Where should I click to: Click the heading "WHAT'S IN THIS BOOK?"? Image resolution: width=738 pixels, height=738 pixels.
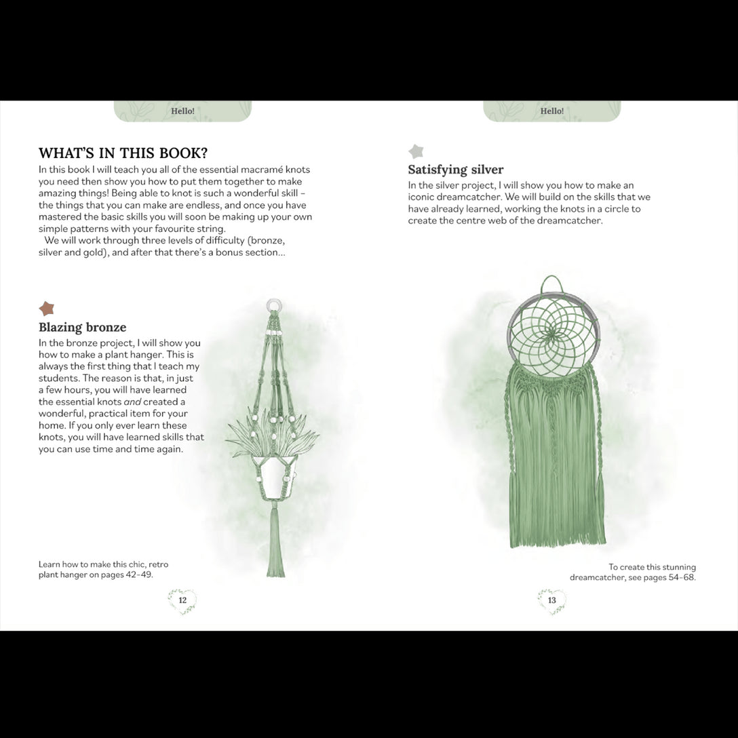click(123, 153)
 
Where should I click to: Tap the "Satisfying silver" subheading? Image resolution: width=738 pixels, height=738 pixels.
click(455, 170)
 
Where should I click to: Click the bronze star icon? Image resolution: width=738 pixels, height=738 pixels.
click(46, 309)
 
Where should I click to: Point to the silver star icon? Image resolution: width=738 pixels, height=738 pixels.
click(415, 151)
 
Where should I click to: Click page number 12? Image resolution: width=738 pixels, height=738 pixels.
click(182, 600)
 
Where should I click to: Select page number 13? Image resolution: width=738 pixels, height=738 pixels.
click(551, 600)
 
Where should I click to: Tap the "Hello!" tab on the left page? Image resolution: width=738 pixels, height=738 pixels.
click(182, 111)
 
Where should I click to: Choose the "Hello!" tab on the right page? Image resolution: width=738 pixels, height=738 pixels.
click(551, 111)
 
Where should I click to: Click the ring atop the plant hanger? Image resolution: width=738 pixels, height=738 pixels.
click(273, 305)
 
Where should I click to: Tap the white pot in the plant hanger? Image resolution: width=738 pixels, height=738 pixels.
click(275, 478)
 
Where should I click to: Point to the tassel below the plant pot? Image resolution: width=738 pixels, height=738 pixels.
click(275, 543)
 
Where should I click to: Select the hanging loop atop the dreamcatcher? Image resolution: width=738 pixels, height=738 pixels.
click(552, 284)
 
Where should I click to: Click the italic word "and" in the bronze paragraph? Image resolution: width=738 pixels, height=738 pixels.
click(151, 402)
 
